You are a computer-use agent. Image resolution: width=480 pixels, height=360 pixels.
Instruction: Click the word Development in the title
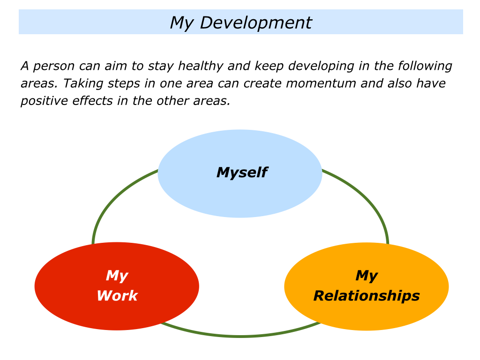[255, 22]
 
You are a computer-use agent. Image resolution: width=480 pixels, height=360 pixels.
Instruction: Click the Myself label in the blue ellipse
[241, 172]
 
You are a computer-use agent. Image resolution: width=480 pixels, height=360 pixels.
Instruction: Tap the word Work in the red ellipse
[117, 296]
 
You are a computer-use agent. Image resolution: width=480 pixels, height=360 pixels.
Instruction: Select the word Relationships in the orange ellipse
[366, 296]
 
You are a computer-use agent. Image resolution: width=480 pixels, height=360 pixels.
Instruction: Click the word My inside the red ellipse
[117, 276]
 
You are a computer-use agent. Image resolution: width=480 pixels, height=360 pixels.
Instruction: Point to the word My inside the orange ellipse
[366, 276]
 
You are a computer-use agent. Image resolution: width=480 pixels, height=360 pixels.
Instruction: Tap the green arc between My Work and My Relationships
[240, 336]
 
